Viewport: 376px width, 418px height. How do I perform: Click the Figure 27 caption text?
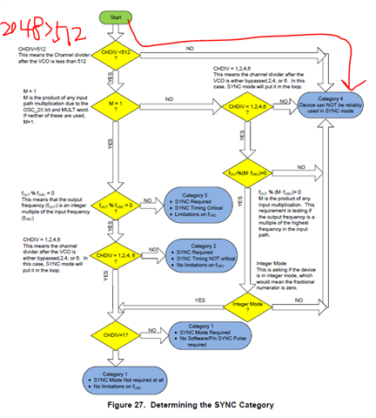(188, 405)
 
